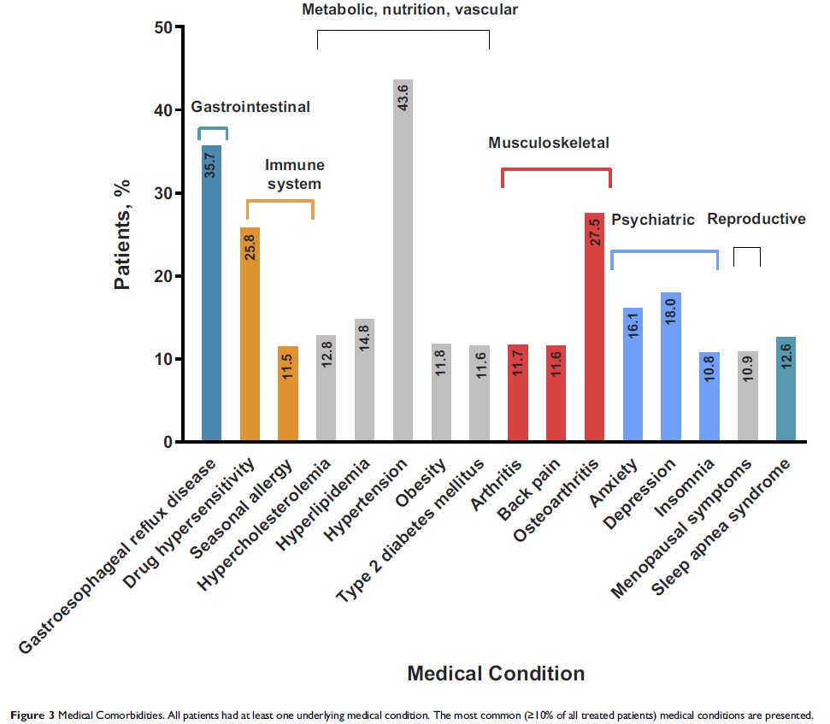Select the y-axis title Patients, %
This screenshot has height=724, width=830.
pyautogui.click(x=123, y=234)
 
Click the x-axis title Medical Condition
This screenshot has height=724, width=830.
pyautogui.click(x=496, y=673)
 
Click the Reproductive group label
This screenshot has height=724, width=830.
pyautogui.click(x=756, y=219)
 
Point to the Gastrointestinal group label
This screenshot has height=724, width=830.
pyautogui.click(x=250, y=107)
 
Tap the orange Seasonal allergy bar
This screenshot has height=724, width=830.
pyautogui.click(x=288, y=394)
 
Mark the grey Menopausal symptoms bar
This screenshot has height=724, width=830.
pyautogui.click(x=747, y=397)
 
